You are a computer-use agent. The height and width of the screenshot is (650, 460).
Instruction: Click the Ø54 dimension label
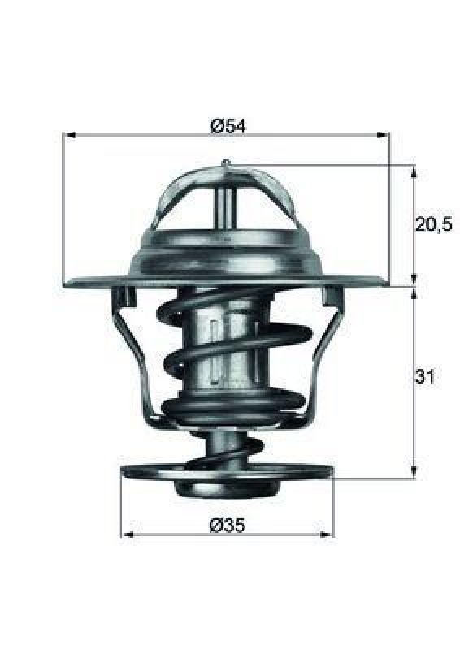click(x=228, y=125)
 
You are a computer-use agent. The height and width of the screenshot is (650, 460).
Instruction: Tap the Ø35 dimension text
click(x=228, y=525)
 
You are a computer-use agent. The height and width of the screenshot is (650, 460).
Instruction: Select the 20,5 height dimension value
click(x=433, y=225)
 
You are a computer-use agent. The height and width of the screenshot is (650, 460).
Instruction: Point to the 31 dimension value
click(x=426, y=377)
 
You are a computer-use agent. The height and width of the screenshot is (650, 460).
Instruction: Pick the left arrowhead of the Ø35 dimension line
click(x=127, y=535)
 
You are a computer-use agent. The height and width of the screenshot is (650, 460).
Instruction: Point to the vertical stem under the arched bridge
click(x=225, y=207)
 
